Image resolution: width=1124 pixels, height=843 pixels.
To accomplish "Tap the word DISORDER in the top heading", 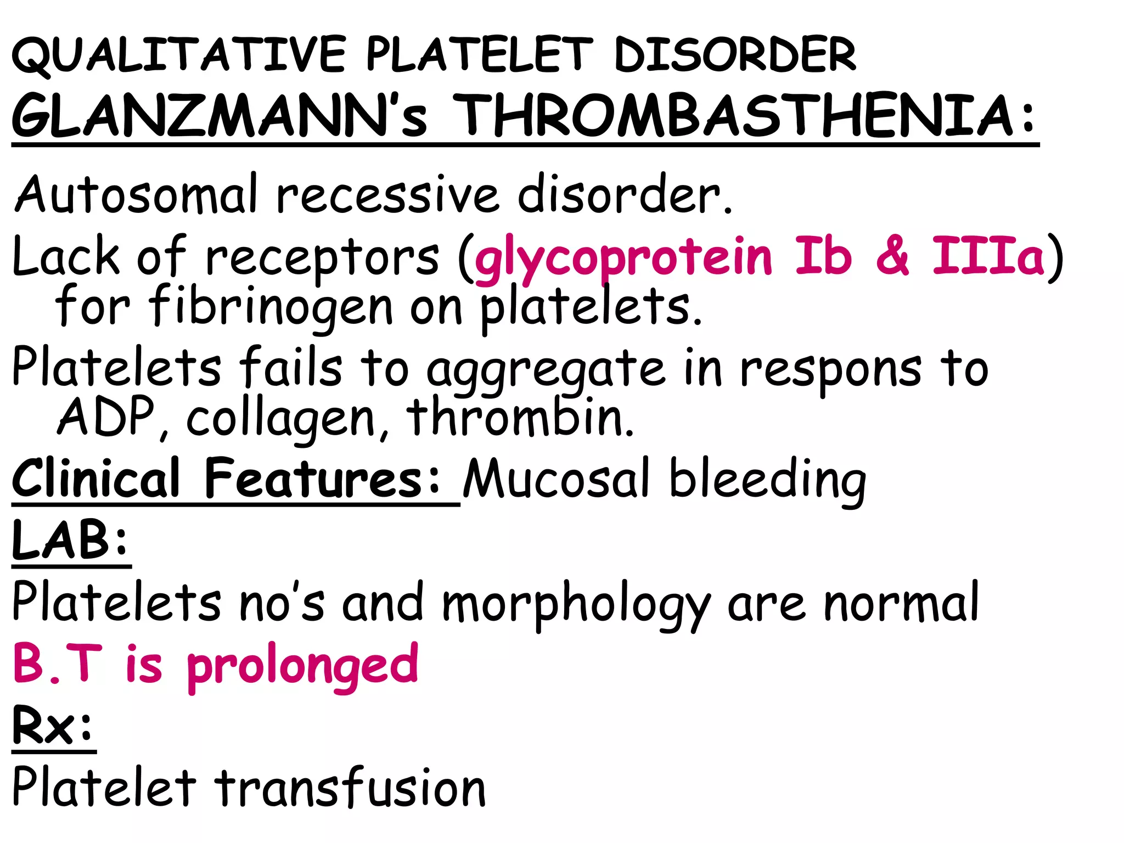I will click(735, 55).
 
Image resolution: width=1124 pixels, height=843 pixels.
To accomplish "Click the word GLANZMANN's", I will click(220, 116).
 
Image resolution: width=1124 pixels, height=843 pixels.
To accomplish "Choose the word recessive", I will click(387, 195).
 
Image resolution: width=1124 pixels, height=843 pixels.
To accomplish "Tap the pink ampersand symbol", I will click(892, 256).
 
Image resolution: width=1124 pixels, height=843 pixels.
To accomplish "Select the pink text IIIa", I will click(988, 256).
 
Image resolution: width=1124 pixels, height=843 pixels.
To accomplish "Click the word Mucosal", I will click(557, 479).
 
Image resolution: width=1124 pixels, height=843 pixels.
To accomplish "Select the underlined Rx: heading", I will click(53, 726).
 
